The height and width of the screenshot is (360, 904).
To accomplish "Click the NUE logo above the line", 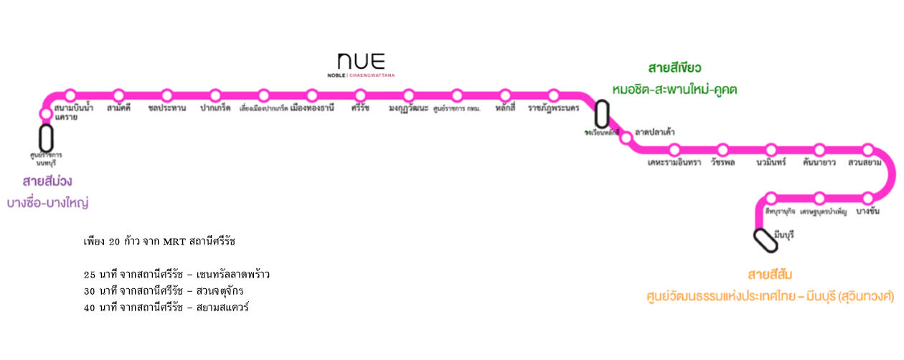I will (x=361, y=61).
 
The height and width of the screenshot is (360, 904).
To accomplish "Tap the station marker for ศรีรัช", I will (x=360, y=95).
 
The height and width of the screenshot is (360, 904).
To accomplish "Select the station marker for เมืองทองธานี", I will (x=312, y=95).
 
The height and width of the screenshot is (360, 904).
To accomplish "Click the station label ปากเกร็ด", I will (x=215, y=108).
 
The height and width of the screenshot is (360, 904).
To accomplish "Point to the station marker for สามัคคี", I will (x=118, y=95).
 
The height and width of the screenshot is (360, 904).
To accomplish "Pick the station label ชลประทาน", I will (x=167, y=108).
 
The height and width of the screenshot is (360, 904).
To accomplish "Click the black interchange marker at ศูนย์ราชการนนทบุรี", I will (x=47, y=138).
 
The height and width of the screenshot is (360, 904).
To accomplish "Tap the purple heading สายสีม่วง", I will (x=47, y=181).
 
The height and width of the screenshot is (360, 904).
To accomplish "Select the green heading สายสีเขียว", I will (x=674, y=68).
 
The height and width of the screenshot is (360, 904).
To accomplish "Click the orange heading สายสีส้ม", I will (x=770, y=275).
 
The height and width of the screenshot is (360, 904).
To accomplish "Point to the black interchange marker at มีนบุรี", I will (x=765, y=240).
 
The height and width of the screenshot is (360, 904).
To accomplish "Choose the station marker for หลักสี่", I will (x=505, y=95).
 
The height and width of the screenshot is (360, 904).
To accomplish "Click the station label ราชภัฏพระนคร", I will (x=553, y=108).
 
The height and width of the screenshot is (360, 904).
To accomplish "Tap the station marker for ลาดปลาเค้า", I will (x=626, y=136).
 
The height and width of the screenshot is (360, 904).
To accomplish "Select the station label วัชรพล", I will (x=722, y=163).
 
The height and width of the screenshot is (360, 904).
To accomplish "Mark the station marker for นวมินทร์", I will (x=771, y=150).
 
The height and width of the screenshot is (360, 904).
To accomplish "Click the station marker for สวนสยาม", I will (x=867, y=150).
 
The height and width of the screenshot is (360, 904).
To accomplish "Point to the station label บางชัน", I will (x=868, y=212).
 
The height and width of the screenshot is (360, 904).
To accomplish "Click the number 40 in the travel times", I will (x=90, y=308).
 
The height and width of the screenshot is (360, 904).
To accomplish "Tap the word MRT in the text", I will (x=174, y=242).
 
